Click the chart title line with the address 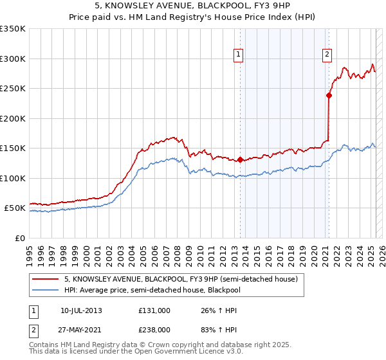click(x=192, y=6)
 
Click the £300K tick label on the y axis click(x=13, y=59)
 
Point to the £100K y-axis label click(x=13, y=178)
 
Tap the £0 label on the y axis click(x=20, y=238)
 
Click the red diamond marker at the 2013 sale click(x=240, y=159)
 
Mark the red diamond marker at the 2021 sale click(x=329, y=96)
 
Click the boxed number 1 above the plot click(x=238, y=55)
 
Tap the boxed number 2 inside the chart click(x=327, y=55)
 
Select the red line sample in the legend click(x=45, y=280)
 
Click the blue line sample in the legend click(x=45, y=291)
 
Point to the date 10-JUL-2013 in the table click(x=81, y=310)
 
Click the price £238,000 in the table click(x=154, y=328)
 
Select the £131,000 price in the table click(x=154, y=310)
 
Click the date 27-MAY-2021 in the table click(x=81, y=328)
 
